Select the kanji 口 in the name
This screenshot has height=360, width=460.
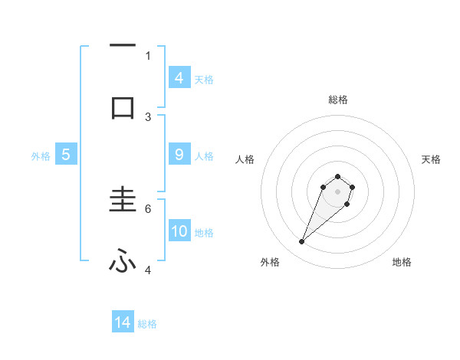click(x=123, y=107)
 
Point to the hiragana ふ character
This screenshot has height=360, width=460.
click(x=123, y=262)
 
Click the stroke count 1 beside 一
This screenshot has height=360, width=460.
click(x=148, y=55)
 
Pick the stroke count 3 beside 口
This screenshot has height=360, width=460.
click(x=148, y=116)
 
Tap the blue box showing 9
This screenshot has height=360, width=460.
click(x=179, y=154)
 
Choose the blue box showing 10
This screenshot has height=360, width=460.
click(x=179, y=231)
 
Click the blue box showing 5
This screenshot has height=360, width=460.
click(x=66, y=154)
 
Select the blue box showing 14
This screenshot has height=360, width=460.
click(x=123, y=322)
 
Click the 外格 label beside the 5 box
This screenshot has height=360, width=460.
click(x=41, y=156)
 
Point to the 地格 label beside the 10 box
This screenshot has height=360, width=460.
click(x=204, y=233)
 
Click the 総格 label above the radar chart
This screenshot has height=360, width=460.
click(x=338, y=100)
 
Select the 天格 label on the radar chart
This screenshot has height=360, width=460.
click(x=432, y=159)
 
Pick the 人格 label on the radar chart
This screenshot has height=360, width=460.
click(x=245, y=159)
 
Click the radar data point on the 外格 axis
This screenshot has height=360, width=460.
click(x=302, y=242)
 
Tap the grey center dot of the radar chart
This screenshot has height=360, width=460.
click(x=337, y=191)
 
